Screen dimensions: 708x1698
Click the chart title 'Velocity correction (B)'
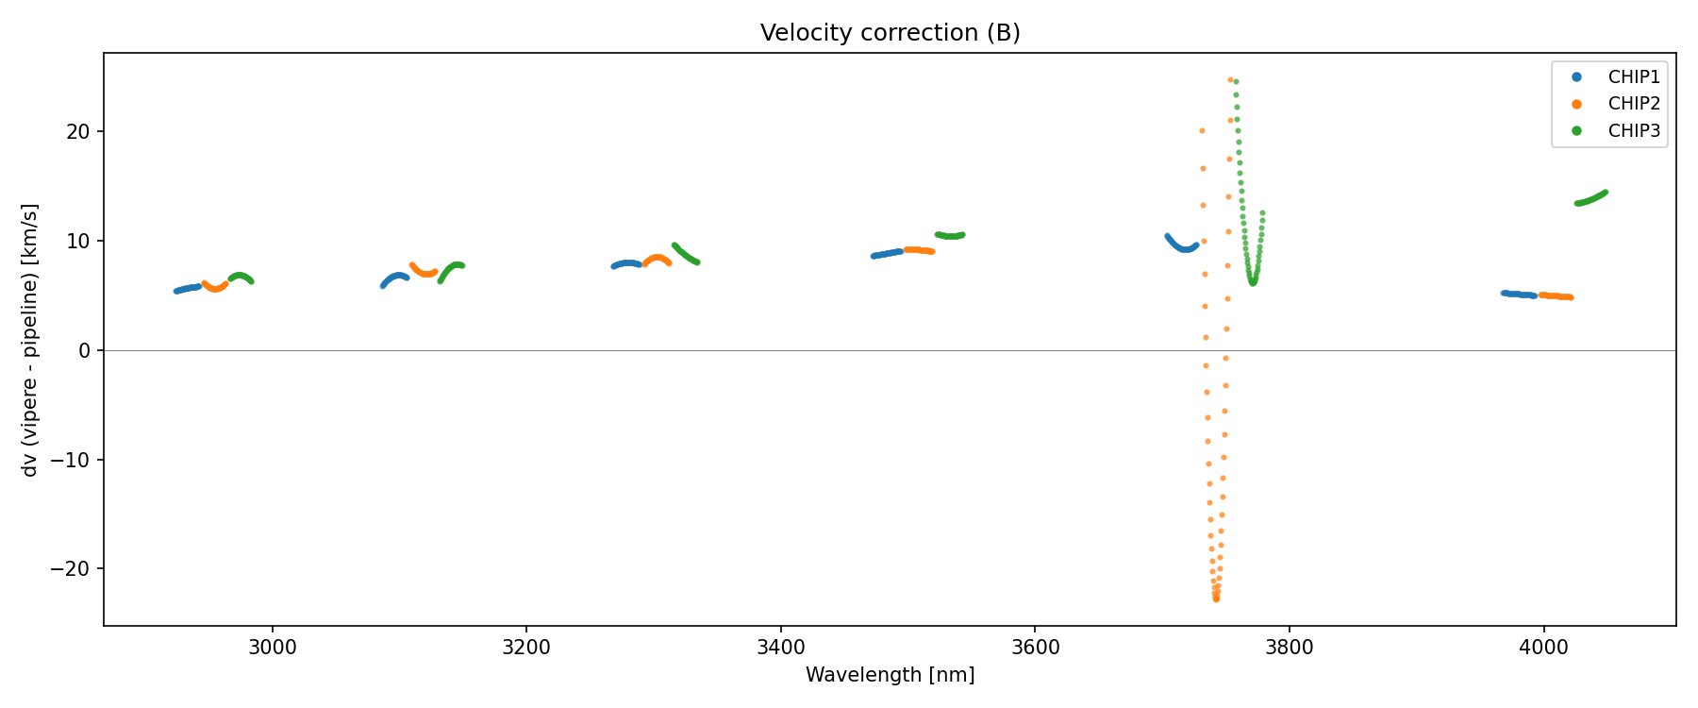coord(890,33)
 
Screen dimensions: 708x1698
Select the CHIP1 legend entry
coord(1634,77)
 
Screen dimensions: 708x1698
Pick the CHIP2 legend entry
coord(1634,104)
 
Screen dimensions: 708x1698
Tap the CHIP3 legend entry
coord(1634,131)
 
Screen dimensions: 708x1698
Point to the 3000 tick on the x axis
coord(273,648)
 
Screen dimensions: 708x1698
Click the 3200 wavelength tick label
coord(526,648)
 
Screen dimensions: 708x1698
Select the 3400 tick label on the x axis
coord(781,648)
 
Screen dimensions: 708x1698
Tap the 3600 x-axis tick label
coord(1035,648)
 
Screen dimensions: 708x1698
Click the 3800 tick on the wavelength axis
coord(1289,648)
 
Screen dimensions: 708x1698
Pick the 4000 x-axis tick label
coord(1543,648)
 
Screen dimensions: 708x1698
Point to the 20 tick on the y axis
coord(78,131)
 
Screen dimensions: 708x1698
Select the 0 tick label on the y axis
coord(85,350)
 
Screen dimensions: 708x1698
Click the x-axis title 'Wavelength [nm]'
coord(890,675)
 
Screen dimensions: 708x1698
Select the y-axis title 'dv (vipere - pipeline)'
coord(30,340)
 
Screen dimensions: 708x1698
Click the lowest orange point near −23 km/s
coord(1216,598)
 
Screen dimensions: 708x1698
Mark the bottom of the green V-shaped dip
coord(1253,282)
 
